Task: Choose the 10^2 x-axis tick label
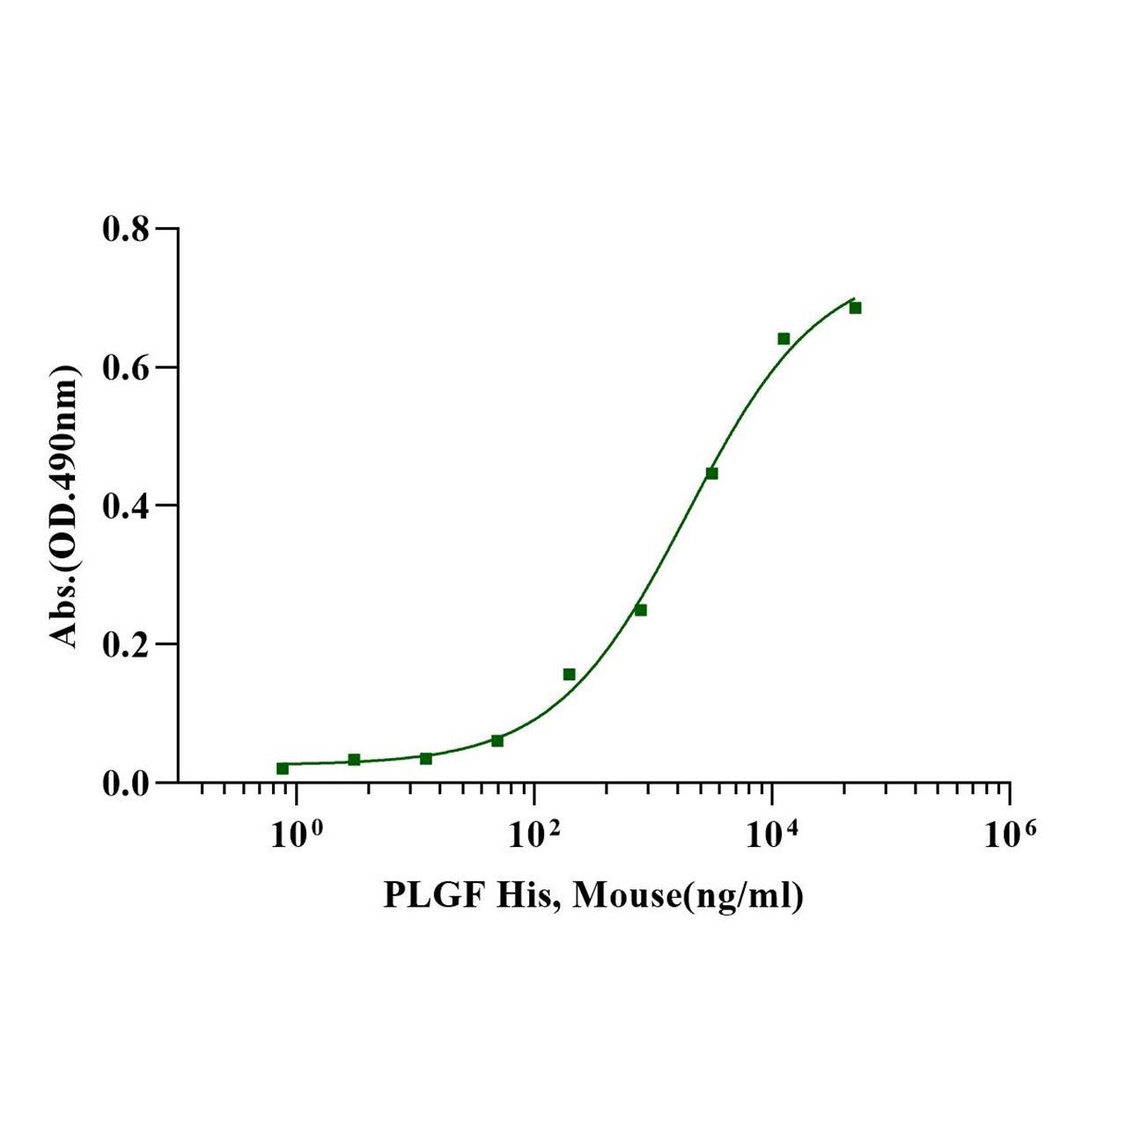tap(533, 833)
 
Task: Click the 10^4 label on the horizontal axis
tap(771, 833)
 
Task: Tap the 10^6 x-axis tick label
tap(1009, 833)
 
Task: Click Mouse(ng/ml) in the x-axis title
tap(688, 896)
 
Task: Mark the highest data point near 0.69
tap(855, 307)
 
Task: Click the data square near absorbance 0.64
tap(784, 339)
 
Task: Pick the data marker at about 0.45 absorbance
tap(711, 474)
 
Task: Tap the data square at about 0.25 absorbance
tap(641, 610)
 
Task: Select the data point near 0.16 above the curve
tap(569, 674)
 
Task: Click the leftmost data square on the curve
tap(283, 769)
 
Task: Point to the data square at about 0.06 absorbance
tap(497, 740)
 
